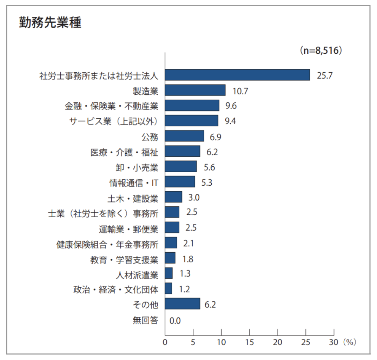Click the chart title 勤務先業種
click(50, 23)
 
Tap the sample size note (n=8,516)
click(321, 51)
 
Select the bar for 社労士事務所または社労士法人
click(237, 75)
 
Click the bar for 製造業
click(195, 90)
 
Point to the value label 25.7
click(325, 75)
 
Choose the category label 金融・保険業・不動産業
click(112, 106)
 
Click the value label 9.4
click(230, 121)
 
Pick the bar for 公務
click(184, 136)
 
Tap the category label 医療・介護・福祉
click(124, 152)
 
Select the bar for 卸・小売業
click(181, 167)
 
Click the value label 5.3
click(206, 182)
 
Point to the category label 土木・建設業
click(133, 198)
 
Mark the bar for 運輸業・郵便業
click(172, 228)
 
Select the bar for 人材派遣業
click(169, 273)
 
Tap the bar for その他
click(183, 304)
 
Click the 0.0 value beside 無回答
click(175, 320)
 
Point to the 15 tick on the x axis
click(250, 341)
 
